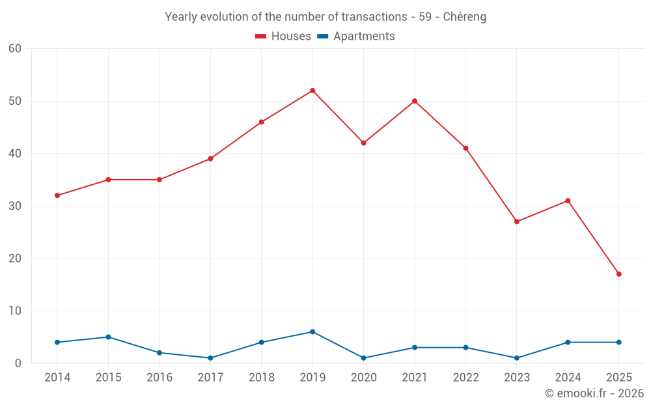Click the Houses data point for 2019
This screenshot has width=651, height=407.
coord(312,91)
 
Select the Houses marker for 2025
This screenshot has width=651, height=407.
coord(618,274)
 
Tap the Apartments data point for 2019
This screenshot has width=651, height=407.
coord(312,332)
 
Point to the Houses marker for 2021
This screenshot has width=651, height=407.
coord(415,101)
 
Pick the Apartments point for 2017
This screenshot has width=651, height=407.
coord(210,358)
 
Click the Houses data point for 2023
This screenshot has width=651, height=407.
coord(517,221)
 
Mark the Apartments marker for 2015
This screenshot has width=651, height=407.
coord(108,337)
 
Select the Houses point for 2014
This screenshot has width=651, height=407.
coord(57,195)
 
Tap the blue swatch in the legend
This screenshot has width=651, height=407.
coord(323,36)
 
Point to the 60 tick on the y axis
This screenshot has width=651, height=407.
coord(15,49)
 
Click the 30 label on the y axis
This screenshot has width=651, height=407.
coord(15,206)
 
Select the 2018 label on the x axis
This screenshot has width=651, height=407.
coord(261,378)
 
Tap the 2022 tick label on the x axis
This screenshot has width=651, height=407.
coord(465,378)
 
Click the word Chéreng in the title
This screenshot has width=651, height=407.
coord(464,17)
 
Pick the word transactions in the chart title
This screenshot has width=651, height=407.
coord(374,17)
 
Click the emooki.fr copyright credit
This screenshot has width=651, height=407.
coord(594,393)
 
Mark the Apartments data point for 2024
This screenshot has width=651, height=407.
coord(568,343)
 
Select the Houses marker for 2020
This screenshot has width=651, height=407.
coord(363,143)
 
